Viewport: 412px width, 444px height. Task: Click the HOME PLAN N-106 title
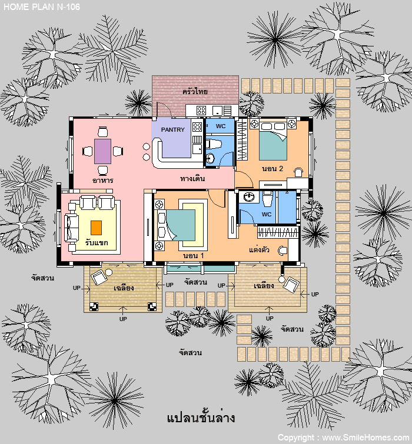(x=42, y=7)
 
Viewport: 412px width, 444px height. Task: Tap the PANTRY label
(x=173, y=130)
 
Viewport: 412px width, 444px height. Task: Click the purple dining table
(x=102, y=151)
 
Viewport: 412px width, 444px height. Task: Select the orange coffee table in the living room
(x=96, y=228)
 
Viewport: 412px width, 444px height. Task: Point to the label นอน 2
(x=273, y=168)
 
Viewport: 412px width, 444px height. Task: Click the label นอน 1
(x=194, y=255)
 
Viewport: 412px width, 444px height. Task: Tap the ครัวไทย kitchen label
(x=195, y=92)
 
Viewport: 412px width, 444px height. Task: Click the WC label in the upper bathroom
(x=221, y=126)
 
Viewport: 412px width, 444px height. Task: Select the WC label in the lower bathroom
(x=267, y=214)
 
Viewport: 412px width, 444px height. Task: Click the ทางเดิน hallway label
(x=192, y=178)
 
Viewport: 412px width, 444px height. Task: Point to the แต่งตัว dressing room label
(x=259, y=250)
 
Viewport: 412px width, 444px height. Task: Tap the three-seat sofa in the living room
(x=71, y=228)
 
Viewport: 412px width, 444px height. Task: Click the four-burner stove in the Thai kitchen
(x=201, y=111)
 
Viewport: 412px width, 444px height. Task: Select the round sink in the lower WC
(x=249, y=196)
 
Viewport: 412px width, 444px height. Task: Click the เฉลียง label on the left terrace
(x=124, y=288)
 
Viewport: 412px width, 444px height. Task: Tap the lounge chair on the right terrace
(x=291, y=285)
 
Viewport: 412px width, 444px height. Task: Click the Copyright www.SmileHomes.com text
(x=343, y=438)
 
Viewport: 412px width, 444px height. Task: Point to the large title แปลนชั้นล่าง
(x=201, y=418)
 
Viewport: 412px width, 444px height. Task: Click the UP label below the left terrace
(x=123, y=319)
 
